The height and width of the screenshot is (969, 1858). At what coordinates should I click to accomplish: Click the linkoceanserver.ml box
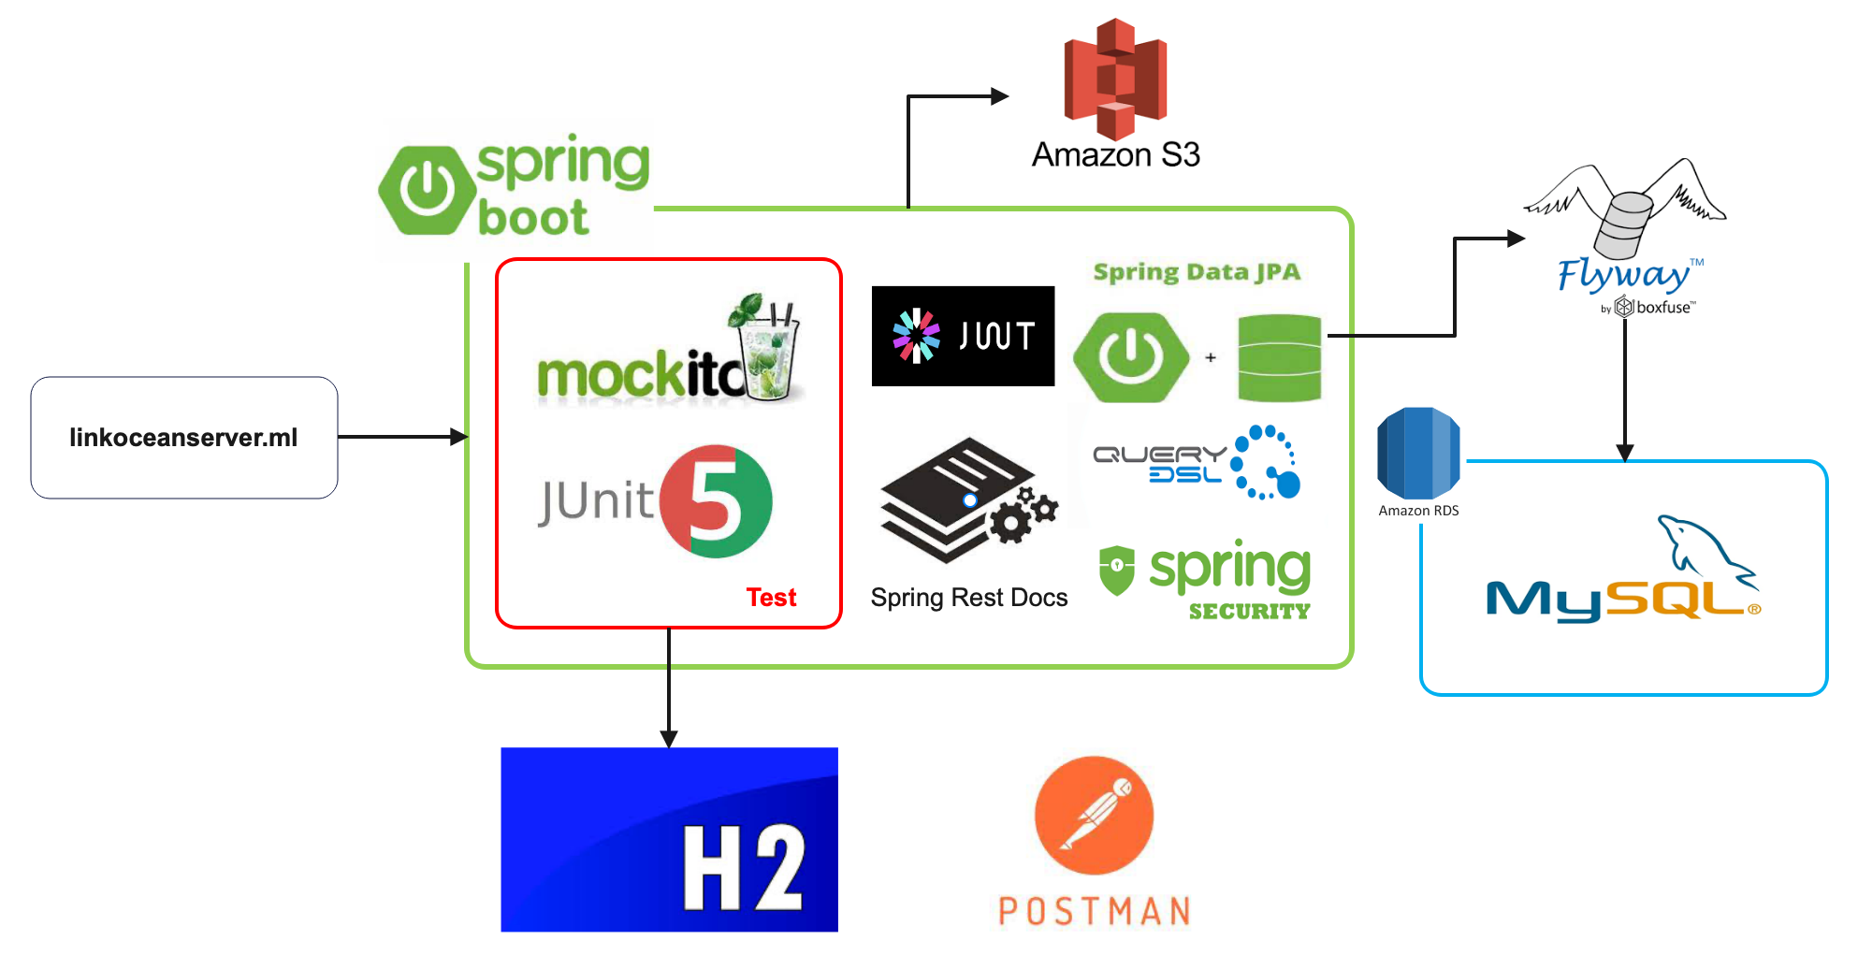click(x=183, y=438)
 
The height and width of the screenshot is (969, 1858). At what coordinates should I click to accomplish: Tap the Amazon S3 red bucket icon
click(x=1115, y=79)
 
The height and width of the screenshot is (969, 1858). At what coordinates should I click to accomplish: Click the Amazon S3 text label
click(x=1115, y=154)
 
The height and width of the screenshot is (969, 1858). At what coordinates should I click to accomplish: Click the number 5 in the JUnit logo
click(x=715, y=502)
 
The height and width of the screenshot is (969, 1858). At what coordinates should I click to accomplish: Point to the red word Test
click(x=771, y=598)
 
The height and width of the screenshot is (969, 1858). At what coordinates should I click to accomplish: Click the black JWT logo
click(x=963, y=336)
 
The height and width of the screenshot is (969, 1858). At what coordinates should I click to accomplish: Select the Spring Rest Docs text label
click(x=968, y=598)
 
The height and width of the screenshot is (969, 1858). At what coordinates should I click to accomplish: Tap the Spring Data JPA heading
click(x=1197, y=272)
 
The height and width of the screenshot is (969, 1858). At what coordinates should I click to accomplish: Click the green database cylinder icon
click(x=1279, y=358)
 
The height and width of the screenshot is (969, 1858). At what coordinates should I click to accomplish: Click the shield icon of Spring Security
click(x=1116, y=570)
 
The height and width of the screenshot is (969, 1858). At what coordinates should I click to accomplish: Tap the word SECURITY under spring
click(x=1249, y=612)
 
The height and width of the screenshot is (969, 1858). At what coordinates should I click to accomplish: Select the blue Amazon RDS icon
click(x=1418, y=454)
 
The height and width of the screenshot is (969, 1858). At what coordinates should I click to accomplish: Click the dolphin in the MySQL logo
click(x=1703, y=552)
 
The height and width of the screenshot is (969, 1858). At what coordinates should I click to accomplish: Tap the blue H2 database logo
click(x=669, y=839)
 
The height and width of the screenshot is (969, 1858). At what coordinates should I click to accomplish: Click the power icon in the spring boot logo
click(x=428, y=191)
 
